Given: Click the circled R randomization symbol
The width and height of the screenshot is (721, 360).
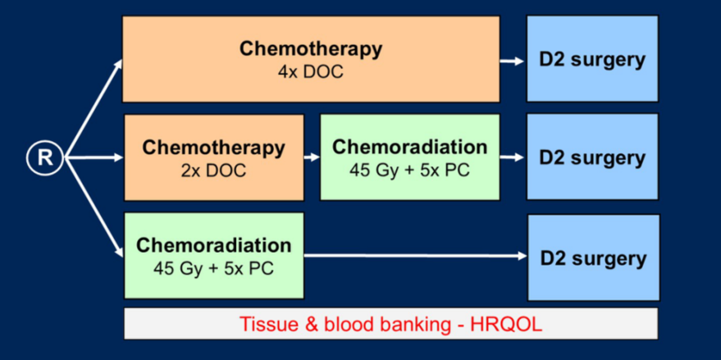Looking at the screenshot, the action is point(44,157).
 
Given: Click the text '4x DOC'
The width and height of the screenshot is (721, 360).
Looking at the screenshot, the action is point(310,73).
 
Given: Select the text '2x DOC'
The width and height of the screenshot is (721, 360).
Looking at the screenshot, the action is point(213,171).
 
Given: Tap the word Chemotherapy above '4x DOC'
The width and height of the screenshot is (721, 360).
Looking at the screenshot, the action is point(310,49).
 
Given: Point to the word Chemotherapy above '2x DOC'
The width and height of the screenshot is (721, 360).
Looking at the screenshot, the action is point(213,148).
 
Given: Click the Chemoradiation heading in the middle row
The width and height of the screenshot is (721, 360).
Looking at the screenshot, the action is point(409,147).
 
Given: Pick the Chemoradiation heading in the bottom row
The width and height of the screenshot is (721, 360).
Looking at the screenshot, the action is point(214,245).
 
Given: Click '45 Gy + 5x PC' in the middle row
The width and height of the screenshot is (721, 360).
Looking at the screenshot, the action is point(409,170).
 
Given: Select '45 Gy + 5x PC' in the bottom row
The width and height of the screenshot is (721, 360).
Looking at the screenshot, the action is point(214,268).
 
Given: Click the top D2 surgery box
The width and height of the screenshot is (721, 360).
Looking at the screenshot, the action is point(592,58).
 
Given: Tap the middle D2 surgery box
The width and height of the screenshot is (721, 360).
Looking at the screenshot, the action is point(592,157).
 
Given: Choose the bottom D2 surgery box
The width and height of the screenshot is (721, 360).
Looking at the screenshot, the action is point(594,257).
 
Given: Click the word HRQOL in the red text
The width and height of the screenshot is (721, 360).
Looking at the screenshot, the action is point(506,325).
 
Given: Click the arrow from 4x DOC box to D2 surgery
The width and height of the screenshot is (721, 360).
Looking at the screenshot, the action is point(512,62).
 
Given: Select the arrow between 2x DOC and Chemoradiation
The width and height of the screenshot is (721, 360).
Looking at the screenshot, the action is point(312,157).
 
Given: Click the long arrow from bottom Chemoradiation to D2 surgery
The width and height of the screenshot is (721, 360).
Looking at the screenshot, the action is point(415,256).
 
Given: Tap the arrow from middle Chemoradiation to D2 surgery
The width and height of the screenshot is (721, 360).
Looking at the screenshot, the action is point(512,157).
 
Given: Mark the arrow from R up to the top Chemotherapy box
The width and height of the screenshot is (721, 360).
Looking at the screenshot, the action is point(94,108).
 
